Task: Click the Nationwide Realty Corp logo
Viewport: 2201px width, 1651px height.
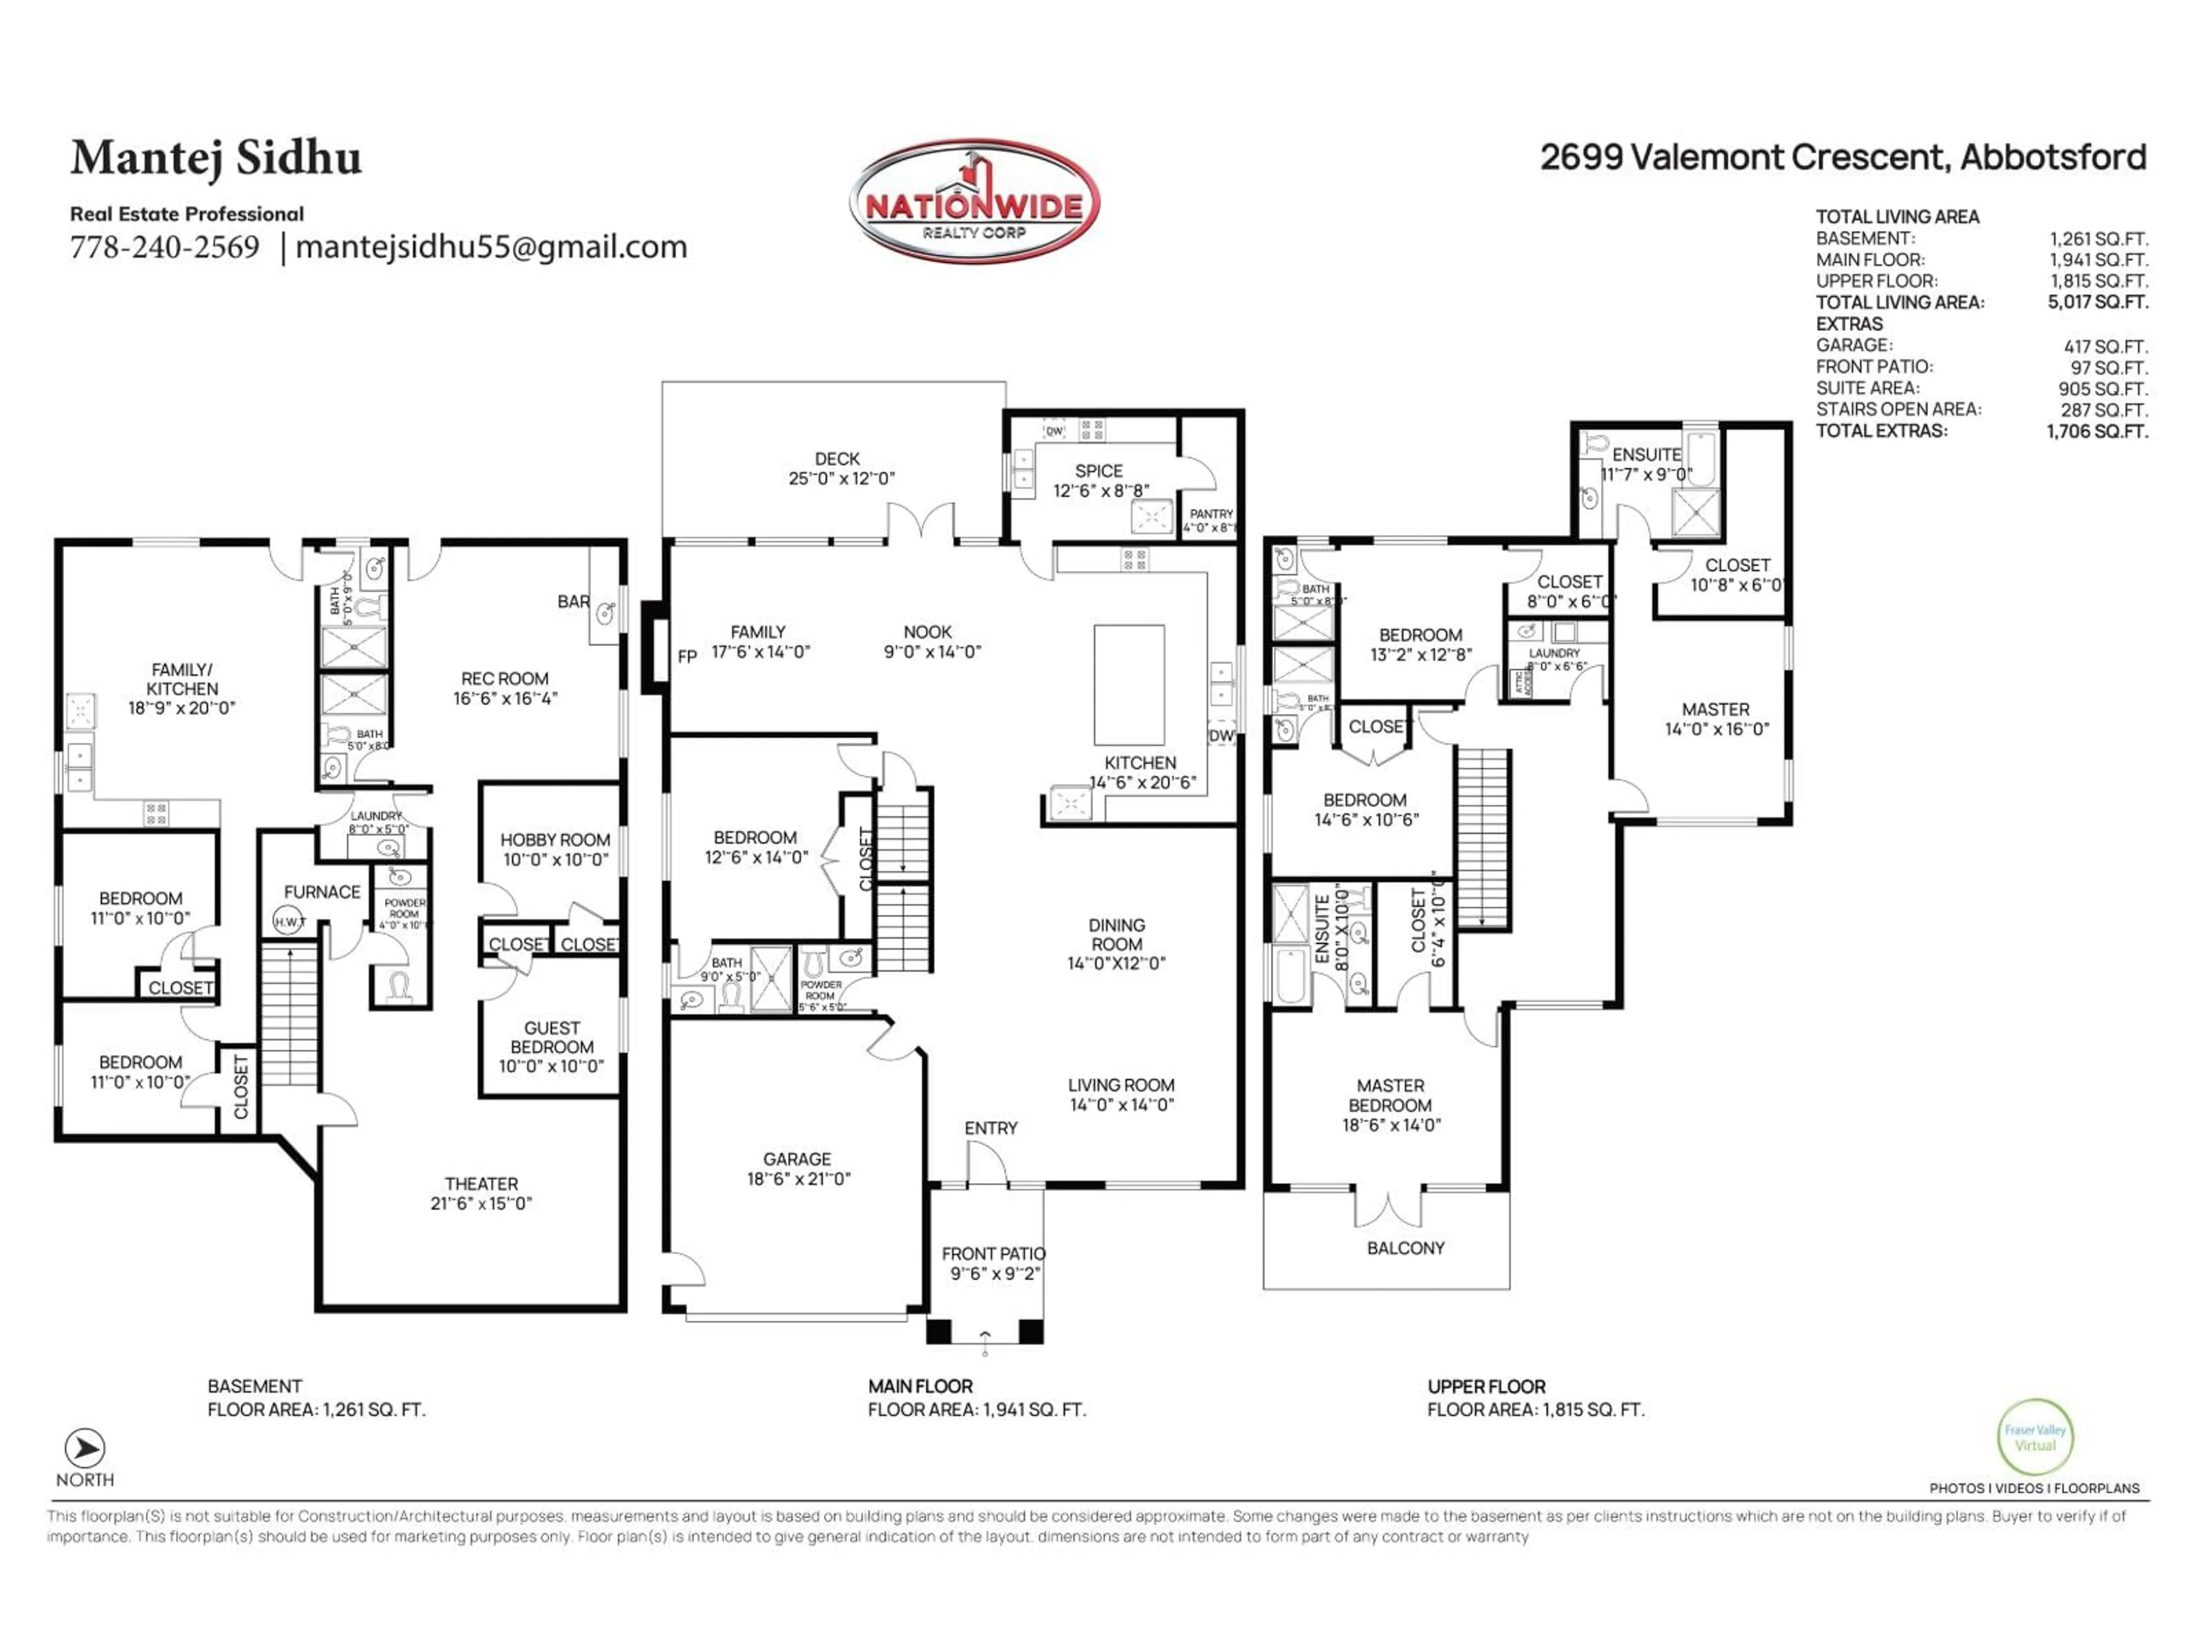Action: (x=974, y=202)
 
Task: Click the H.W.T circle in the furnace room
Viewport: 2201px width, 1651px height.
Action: (x=289, y=922)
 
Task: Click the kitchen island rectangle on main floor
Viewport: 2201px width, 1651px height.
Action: (x=1129, y=684)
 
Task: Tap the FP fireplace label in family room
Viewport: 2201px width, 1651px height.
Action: (x=687, y=657)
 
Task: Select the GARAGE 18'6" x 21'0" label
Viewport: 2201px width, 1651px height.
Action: (x=797, y=1168)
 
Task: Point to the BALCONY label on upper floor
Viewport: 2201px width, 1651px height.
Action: (x=1405, y=1248)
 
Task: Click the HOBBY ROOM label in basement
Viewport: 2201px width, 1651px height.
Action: (x=554, y=849)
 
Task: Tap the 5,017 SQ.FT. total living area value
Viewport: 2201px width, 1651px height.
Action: (x=2097, y=302)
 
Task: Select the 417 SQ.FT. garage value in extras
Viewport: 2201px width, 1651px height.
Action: (x=2105, y=345)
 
